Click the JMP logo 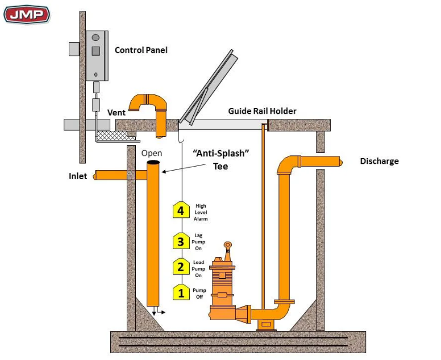point(26,13)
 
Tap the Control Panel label point(141,50)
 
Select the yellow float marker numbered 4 point(181,210)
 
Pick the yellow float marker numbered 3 point(181,241)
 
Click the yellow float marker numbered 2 point(181,267)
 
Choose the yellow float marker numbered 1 point(181,293)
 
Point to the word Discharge point(379,161)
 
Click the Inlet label point(78,176)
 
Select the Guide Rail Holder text point(262,111)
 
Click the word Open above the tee point(152,154)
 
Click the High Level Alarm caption point(201,212)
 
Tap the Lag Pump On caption point(199,242)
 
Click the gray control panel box point(97,56)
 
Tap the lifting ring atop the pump point(227,246)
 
